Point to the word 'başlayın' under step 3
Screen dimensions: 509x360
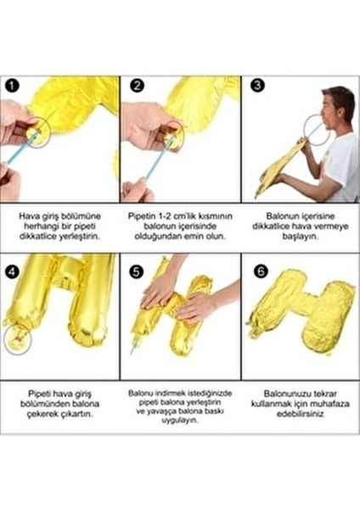click(300, 238)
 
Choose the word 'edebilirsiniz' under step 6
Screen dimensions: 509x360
click(300, 414)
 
